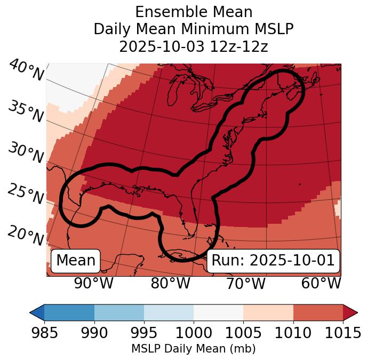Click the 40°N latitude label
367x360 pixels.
tap(26, 71)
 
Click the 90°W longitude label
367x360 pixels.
tap(93, 284)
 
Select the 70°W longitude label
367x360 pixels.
tap(245, 284)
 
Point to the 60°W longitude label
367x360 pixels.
tap(321, 284)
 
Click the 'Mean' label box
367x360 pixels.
tap(76, 261)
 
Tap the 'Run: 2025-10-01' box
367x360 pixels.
tap(273, 261)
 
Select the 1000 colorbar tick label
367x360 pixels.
tap(194, 333)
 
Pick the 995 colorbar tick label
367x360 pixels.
tap(144, 333)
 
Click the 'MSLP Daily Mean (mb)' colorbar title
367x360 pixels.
tap(193, 349)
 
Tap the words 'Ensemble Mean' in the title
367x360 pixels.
tap(194, 12)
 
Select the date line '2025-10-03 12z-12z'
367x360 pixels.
tap(194, 47)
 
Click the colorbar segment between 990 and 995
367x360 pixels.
tap(119, 312)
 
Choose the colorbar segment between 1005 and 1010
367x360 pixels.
tap(268, 312)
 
